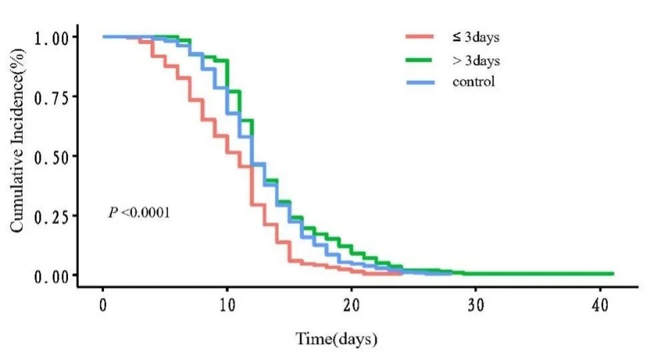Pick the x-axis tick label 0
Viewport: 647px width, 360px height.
[103, 304]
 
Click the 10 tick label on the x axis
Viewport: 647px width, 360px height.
[227, 304]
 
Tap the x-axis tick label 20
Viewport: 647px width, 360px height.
[352, 304]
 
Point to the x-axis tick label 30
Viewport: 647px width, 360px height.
[476, 304]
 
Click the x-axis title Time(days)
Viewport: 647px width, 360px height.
[337, 339]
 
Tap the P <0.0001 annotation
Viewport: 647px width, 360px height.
[139, 213]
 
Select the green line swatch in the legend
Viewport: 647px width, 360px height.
[420, 61]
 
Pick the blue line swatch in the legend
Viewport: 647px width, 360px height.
[420, 83]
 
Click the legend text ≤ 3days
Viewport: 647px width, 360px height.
[476, 37]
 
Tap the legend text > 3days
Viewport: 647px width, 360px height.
[476, 61]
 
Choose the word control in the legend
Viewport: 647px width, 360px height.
[474, 83]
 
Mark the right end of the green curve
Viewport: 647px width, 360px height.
[612, 273]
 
